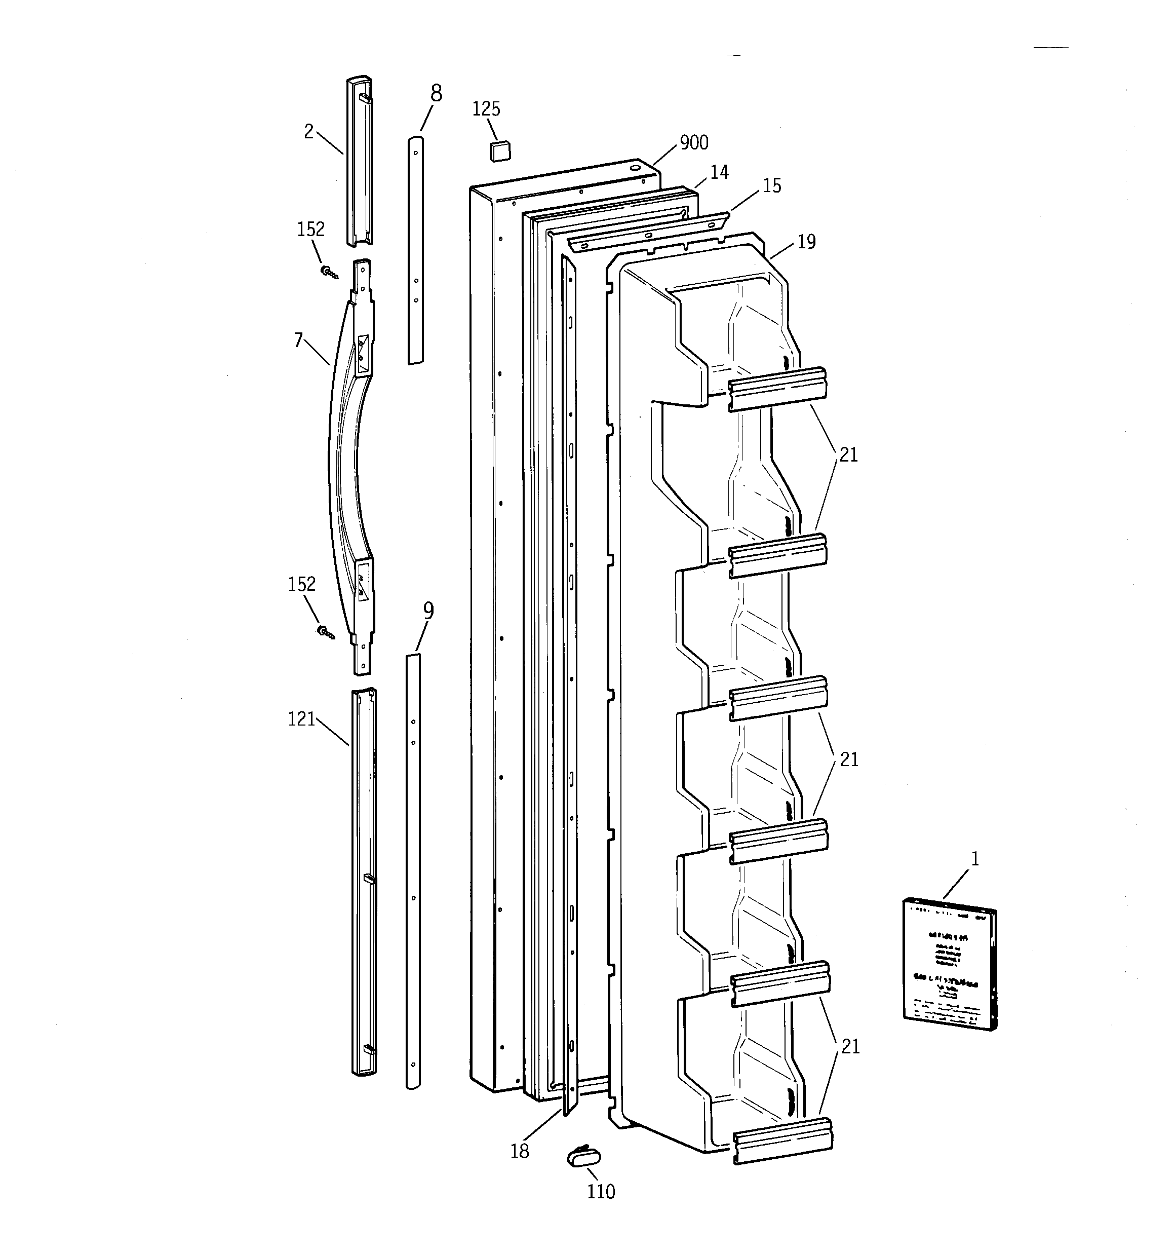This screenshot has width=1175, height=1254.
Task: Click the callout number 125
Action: click(x=486, y=109)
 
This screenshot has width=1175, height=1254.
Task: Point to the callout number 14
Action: click(x=719, y=172)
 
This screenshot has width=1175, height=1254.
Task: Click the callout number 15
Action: click(x=772, y=185)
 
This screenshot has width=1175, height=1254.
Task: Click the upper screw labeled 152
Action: click(x=329, y=272)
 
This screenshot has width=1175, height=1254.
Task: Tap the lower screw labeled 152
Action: click(x=326, y=631)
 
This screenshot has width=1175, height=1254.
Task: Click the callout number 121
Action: click(x=301, y=719)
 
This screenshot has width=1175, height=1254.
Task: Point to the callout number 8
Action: click(x=437, y=94)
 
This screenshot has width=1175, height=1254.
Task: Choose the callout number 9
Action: click(x=428, y=610)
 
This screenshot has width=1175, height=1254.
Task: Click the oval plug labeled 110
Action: click(x=584, y=1158)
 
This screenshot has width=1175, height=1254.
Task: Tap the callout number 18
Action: click(x=520, y=1151)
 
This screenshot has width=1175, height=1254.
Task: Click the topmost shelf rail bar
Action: click(x=777, y=389)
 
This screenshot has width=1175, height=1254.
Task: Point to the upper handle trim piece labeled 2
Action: click(x=360, y=161)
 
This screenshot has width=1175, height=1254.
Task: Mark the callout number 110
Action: click(x=601, y=1192)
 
